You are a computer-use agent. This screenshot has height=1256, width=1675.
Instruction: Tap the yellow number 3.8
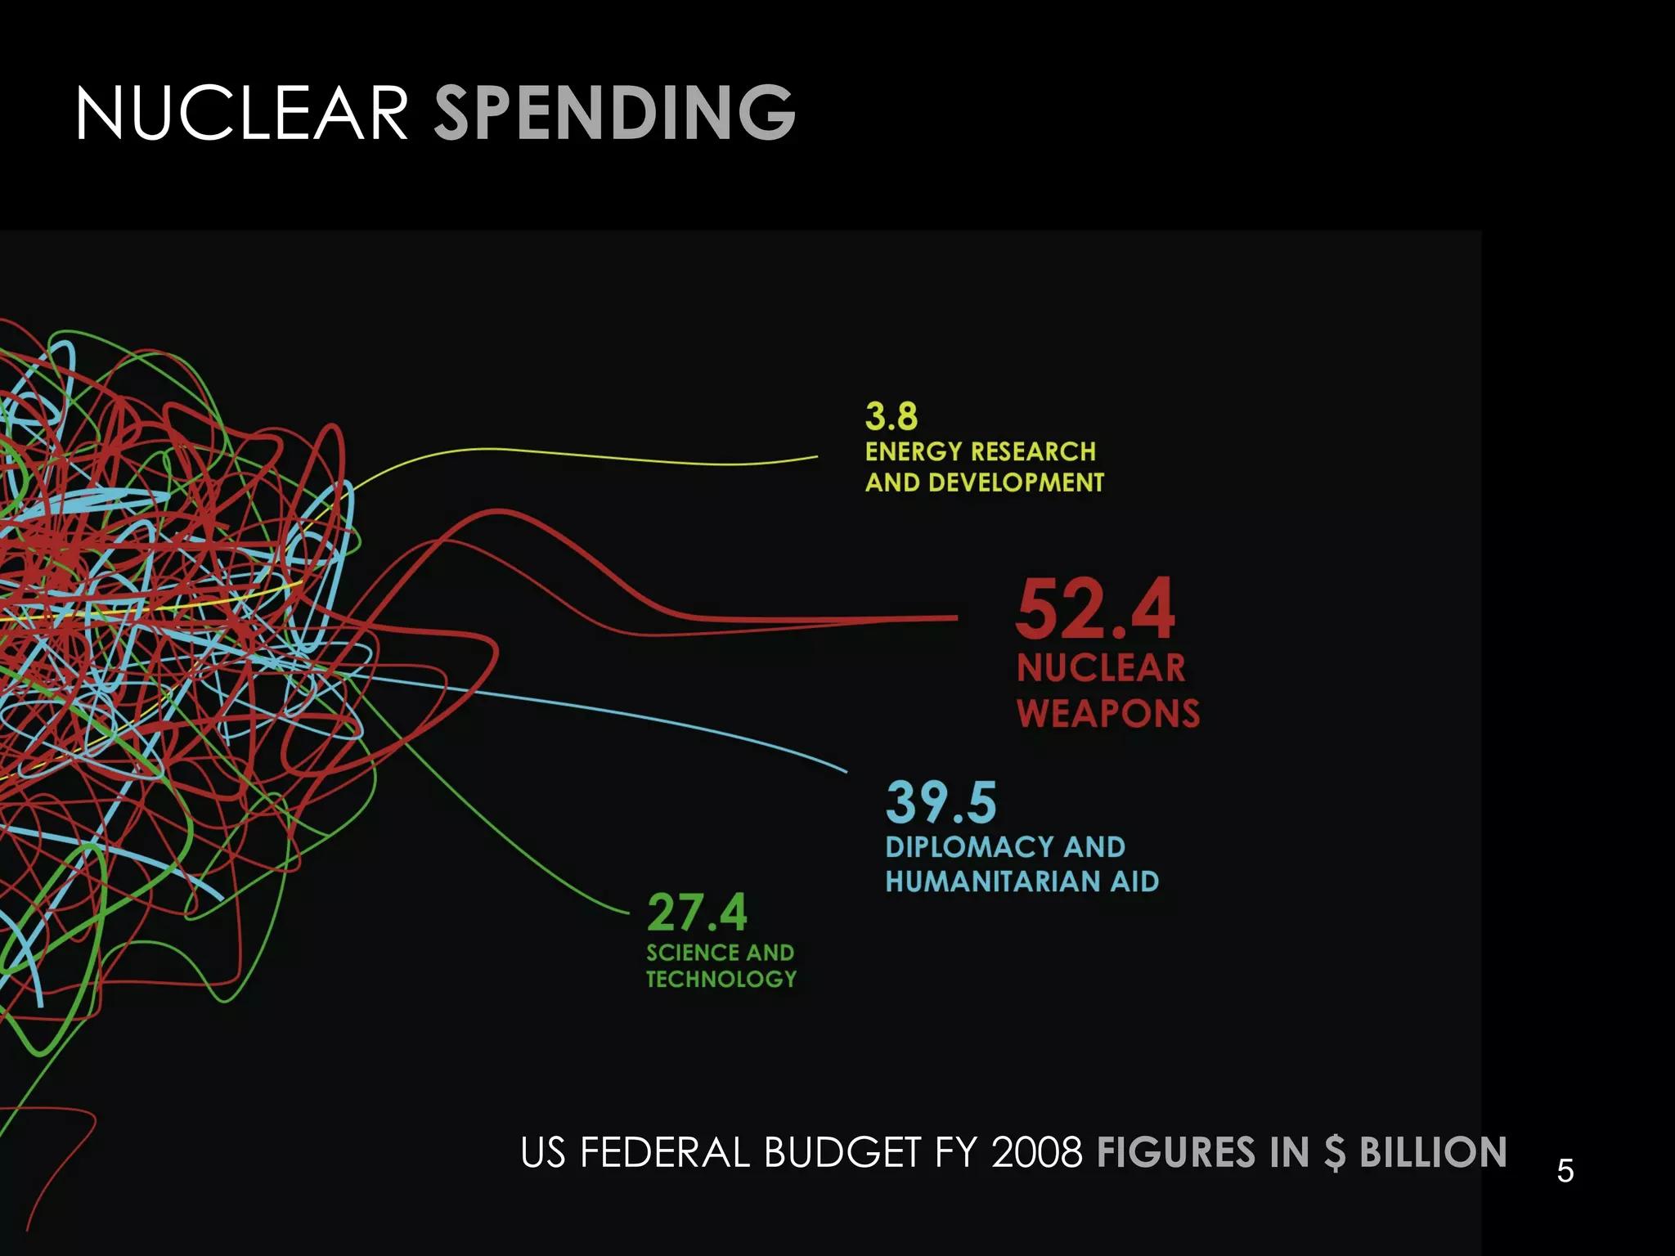tap(891, 416)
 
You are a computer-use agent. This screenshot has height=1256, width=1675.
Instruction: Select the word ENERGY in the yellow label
tap(914, 451)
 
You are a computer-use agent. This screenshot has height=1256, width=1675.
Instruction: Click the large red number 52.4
tap(1095, 610)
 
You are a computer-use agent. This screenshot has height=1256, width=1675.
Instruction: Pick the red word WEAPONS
tap(1108, 713)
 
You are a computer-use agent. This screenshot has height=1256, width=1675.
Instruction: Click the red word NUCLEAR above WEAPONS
tap(1101, 668)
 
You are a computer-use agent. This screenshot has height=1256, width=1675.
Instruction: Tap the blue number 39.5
tap(941, 802)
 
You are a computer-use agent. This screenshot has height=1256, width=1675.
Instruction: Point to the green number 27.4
tap(697, 913)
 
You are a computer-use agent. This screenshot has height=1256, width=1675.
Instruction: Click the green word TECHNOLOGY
tap(721, 979)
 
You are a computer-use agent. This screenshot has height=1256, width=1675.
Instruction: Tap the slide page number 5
tap(1565, 1171)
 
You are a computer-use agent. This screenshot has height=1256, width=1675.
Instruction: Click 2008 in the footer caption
tap(1037, 1153)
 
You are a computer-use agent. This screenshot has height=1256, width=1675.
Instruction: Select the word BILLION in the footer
tap(1433, 1153)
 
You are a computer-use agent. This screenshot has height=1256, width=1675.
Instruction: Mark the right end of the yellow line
tap(816, 457)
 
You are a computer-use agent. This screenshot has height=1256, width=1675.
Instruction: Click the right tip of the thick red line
tap(955, 618)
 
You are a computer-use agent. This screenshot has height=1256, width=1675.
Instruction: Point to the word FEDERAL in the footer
tap(665, 1153)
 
